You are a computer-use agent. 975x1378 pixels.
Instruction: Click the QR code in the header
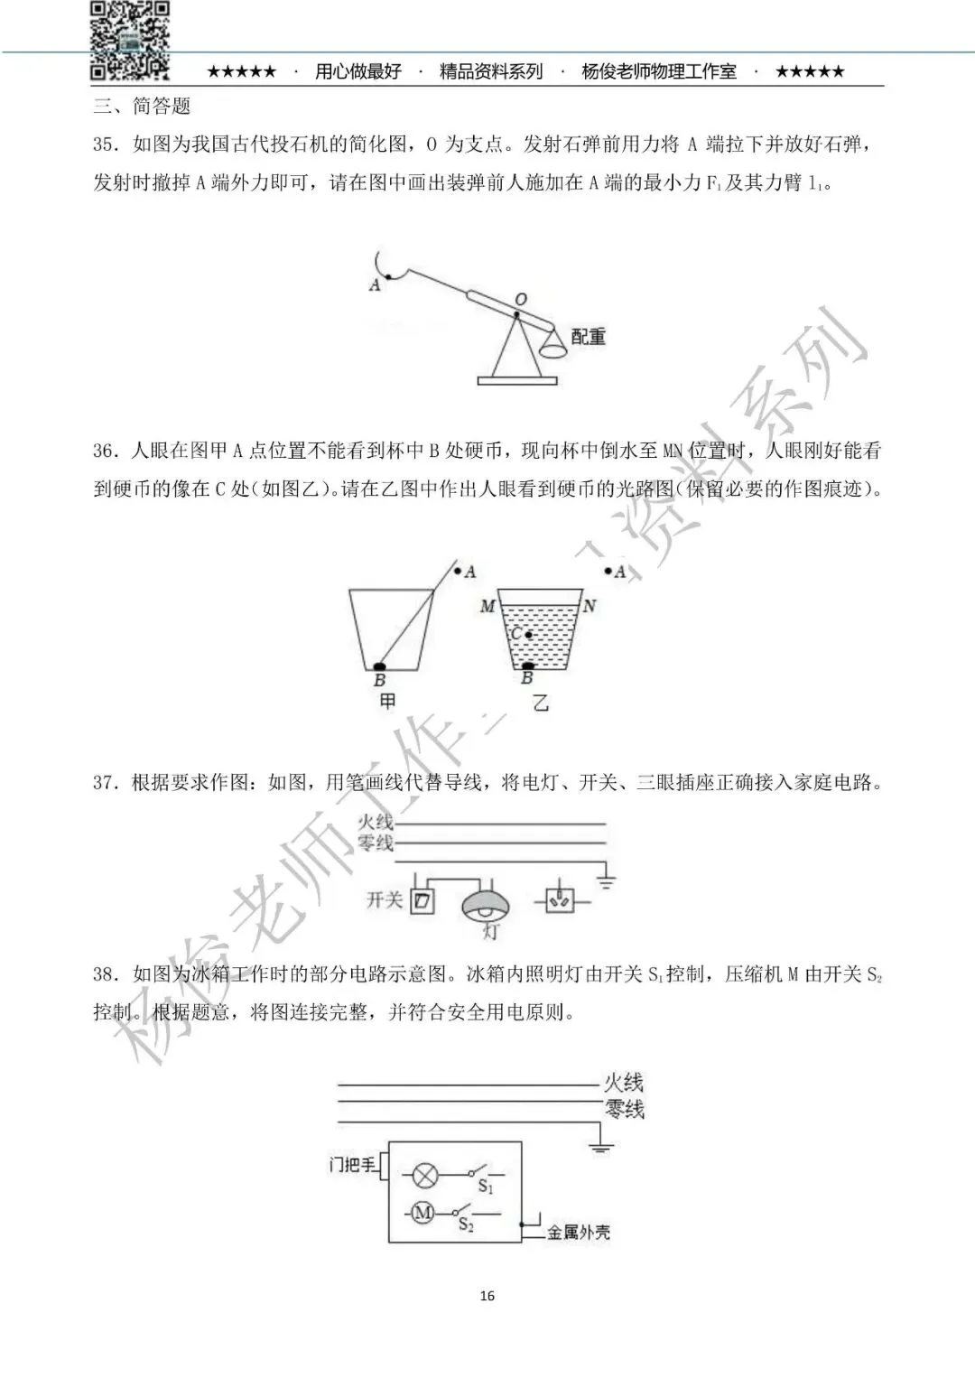pos(129,40)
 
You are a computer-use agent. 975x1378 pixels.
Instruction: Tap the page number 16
pos(487,1296)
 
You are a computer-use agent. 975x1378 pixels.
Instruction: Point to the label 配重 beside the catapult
pos(588,337)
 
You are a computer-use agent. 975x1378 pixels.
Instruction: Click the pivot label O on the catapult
pos(521,299)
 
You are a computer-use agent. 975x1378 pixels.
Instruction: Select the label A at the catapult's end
pos(375,284)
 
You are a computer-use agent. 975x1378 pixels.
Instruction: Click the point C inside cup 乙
pos(529,635)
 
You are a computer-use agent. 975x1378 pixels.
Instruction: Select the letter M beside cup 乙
pos(487,606)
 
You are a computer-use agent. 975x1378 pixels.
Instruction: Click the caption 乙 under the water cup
pos(540,703)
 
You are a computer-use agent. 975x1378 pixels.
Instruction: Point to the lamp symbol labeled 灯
pos(486,905)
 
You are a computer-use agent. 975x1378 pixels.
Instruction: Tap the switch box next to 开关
pos(422,900)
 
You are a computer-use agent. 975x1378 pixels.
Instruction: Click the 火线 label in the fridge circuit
pos(624,1082)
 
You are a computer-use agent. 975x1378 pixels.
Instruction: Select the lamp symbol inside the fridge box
pos(425,1176)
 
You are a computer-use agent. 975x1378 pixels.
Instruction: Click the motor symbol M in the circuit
pos(422,1213)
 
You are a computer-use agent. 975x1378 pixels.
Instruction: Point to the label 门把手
pos(352,1166)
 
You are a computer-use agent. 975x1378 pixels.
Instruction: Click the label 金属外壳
pos(579,1232)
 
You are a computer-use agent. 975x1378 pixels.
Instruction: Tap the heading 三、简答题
pos(142,107)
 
